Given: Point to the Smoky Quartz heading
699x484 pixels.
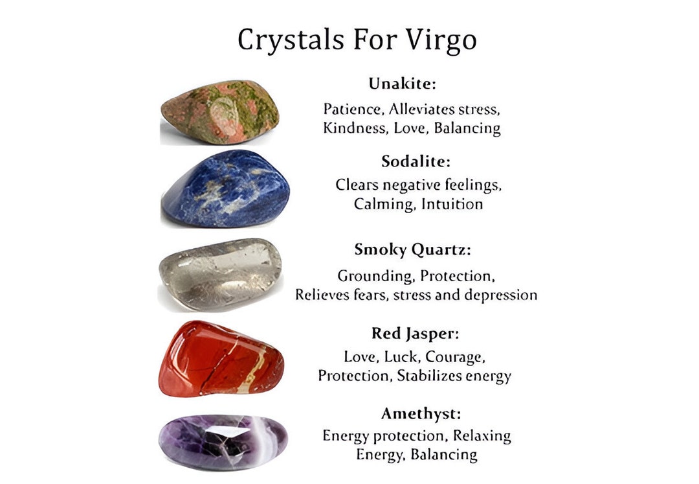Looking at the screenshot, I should [412, 249].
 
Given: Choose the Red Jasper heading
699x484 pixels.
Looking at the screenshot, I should [415, 334].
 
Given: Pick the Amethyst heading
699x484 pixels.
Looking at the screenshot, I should [421, 413].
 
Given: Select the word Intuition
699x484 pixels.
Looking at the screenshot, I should [452, 204].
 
